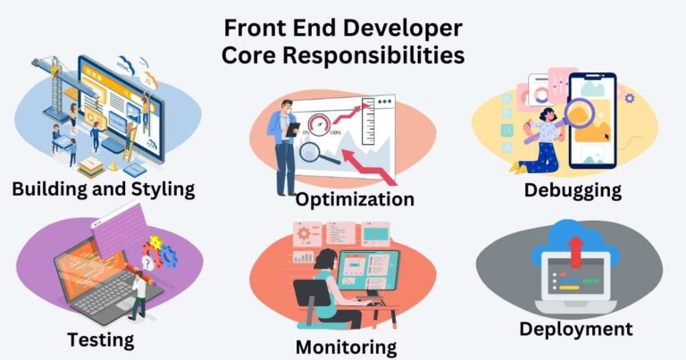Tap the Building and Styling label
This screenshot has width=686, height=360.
click(103, 189)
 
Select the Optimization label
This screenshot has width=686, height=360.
click(355, 198)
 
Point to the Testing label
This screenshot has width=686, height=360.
click(101, 339)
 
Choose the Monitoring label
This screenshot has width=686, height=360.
click(347, 347)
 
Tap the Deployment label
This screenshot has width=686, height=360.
click(576, 330)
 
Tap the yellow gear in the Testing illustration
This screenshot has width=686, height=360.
click(155, 243)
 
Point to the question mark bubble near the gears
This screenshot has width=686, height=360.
click(147, 264)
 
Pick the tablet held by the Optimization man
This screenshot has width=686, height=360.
click(292, 129)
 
